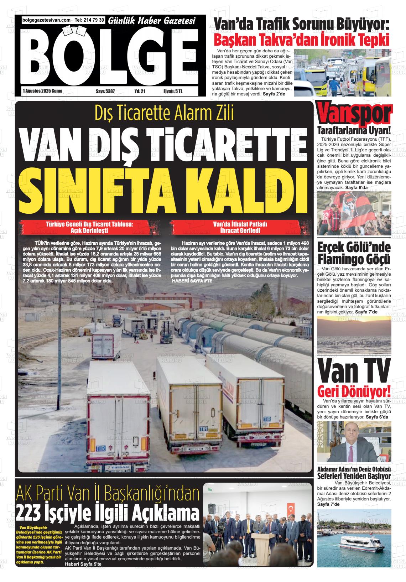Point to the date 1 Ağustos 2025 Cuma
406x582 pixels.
(42, 91)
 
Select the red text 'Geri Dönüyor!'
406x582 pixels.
(354, 391)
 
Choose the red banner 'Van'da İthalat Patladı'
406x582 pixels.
(240, 227)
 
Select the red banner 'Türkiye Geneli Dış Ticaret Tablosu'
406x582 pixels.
(89, 227)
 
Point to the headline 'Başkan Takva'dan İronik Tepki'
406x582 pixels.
(301, 39)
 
